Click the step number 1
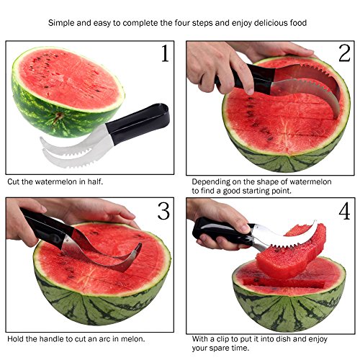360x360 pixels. [x=165, y=53]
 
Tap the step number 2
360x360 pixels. [x=344, y=53]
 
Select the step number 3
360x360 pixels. [x=163, y=211]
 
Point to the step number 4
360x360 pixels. [x=344, y=211]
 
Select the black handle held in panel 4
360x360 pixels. [x=222, y=232]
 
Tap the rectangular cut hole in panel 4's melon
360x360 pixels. [x=284, y=283]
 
